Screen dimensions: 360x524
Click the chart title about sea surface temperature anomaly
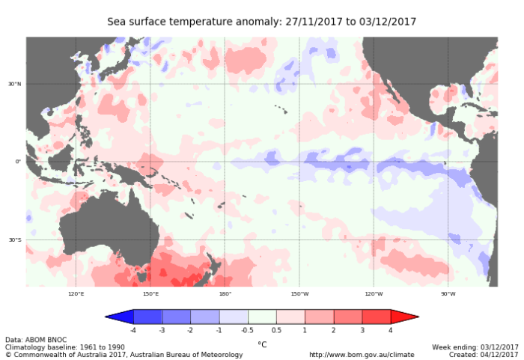[x=262, y=22]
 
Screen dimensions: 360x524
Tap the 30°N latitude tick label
[x=15, y=84]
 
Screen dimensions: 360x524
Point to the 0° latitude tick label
[x=18, y=162]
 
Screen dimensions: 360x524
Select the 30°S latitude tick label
[x=15, y=240]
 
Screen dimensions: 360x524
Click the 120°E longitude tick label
[x=76, y=294]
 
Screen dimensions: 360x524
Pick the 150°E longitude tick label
[x=150, y=294]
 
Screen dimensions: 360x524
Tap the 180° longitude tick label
[x=225, y=294]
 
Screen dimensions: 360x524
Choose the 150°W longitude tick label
[x=299, y=294]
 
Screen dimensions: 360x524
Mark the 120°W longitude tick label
[x=374, y=294]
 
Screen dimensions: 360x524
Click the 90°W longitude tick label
[x=448, y=294]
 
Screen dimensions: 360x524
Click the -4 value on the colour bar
[x=133, y=330]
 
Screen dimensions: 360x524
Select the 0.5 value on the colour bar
[x=276, y=330]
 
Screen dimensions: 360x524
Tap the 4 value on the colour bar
[x=391, y=330]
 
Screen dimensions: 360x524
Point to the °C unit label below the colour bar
[x=262, y=344]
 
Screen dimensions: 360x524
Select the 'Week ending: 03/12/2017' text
[x=475, y=347]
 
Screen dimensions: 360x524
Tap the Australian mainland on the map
[x=105, y=225]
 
